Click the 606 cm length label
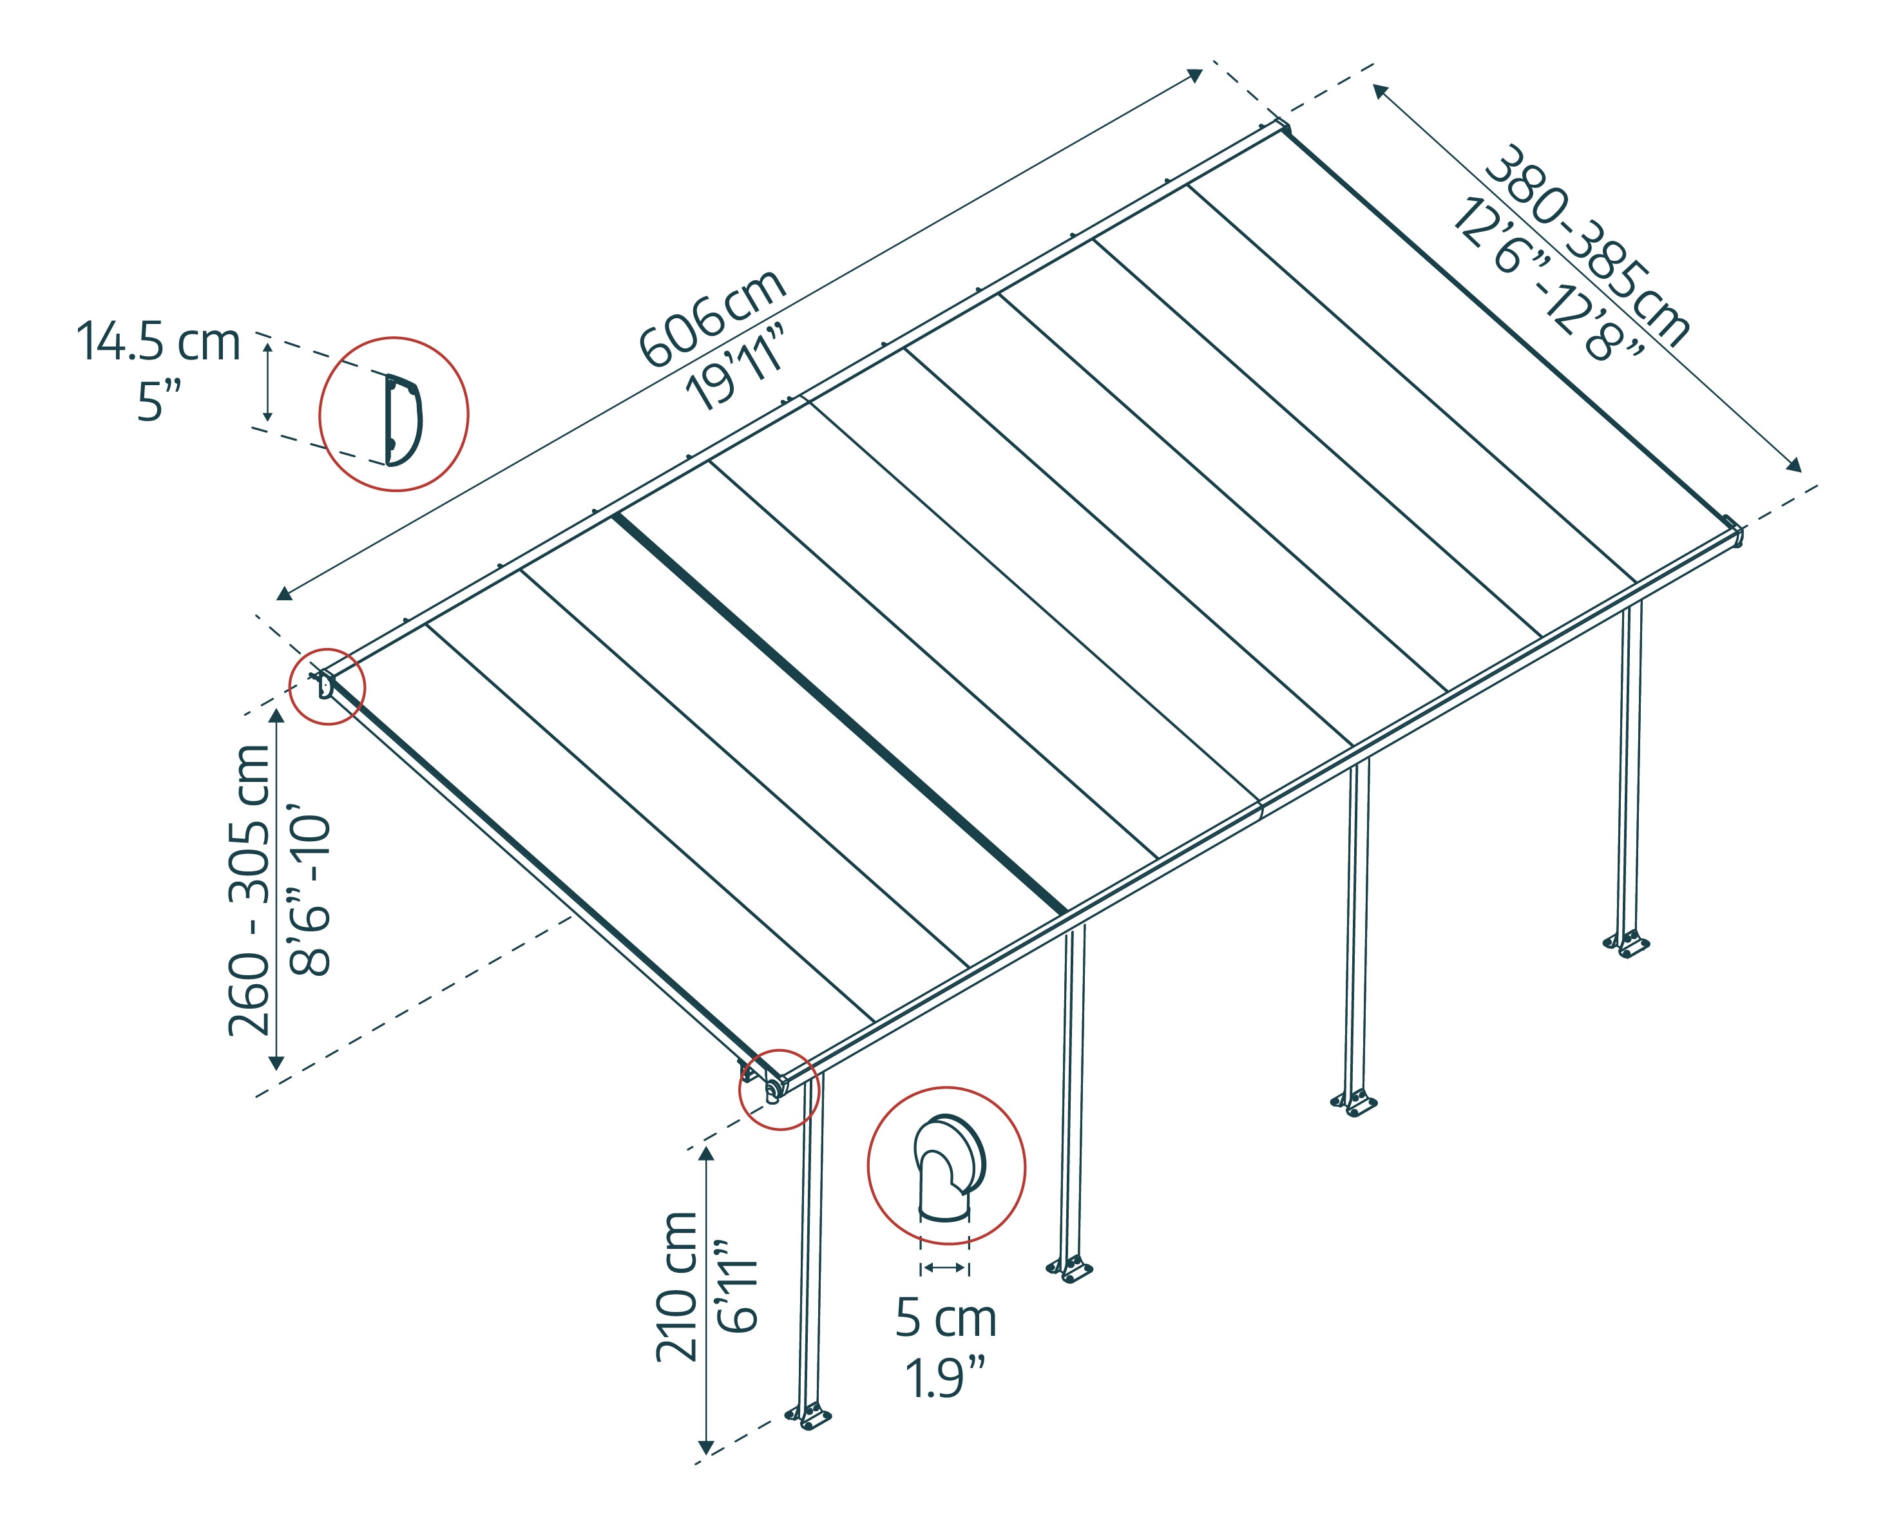coord(711,319)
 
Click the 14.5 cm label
coord(159,343)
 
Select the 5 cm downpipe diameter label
coord(945,1319)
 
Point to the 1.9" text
coord(945,1379)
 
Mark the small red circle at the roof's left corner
coord(327,687)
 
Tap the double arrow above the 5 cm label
coord(944,1268)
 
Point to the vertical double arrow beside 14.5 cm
coord(269,382)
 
